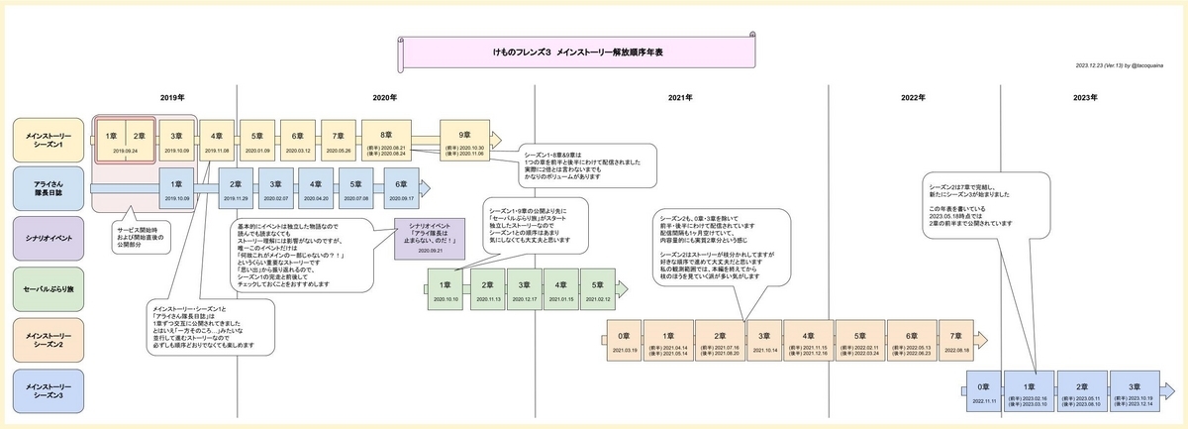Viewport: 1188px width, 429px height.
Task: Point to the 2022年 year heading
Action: tap(914, 97)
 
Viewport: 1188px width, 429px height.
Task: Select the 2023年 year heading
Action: tap(1086, 97)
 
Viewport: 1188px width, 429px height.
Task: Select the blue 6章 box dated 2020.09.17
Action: tap(402, 188)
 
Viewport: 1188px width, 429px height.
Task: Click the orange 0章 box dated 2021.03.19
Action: tap(624, 340)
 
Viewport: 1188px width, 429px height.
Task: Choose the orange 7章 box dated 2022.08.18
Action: tap(955, 340)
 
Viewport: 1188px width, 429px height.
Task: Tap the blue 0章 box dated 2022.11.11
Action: tap(981, 390)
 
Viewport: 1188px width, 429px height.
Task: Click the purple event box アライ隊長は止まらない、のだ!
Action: tap(430, 240)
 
